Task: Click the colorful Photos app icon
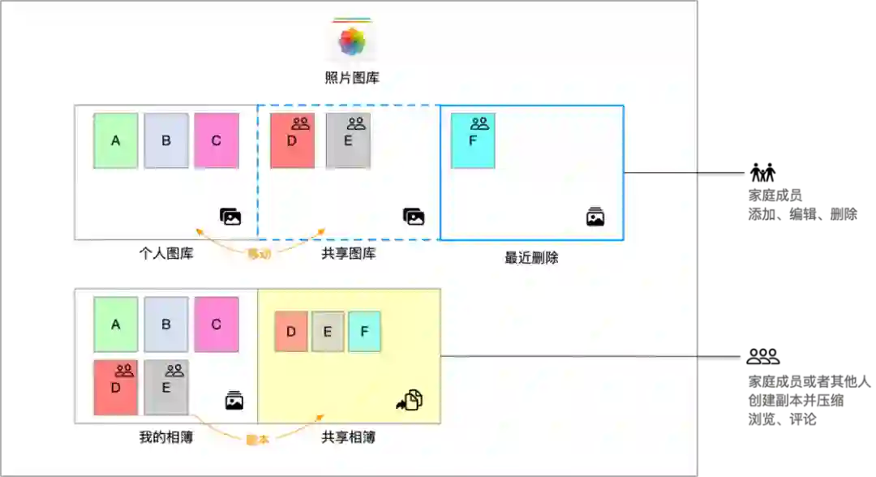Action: pyautogui.click(x=352, y=41)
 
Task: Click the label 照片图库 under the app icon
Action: pyautogui.click(x=352, y=79)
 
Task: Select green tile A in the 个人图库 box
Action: pyautogui.click(x=116, y=140)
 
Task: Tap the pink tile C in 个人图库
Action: pyautogui.click(x=216, y=140)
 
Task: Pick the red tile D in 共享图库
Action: pyautogui.click(x=292, y=140)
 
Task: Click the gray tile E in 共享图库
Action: pyautogui.click(x=348, y=140)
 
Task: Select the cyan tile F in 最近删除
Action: pyautogui.click(x=473, y=140)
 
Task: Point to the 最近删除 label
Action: pyautogui.click(x=531, y=259)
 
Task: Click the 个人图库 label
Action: pyautogui.click(x=166, y=254)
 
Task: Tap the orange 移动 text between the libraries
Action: pyautogui.click(x=259, y=254)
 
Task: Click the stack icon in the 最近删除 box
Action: pyautogui.click(x=595, y=217)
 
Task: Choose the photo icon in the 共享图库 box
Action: pyautogui.click(x=414, y=217)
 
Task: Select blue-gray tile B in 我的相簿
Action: pyautogui.click(x=166, y=324)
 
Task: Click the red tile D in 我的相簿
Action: pyautogui.click(x=116, y=387)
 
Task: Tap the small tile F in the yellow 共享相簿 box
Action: pyautogui.click(x=364, y=331)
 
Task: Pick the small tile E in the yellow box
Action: pyautogui.click(x=328, y=331)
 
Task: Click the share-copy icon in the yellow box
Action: pyautogui.click(x=410, y=400)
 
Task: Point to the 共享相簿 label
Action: pyautogui.click(x=348, y=437)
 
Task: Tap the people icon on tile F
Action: pyautogui.click(x=479, y=123)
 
